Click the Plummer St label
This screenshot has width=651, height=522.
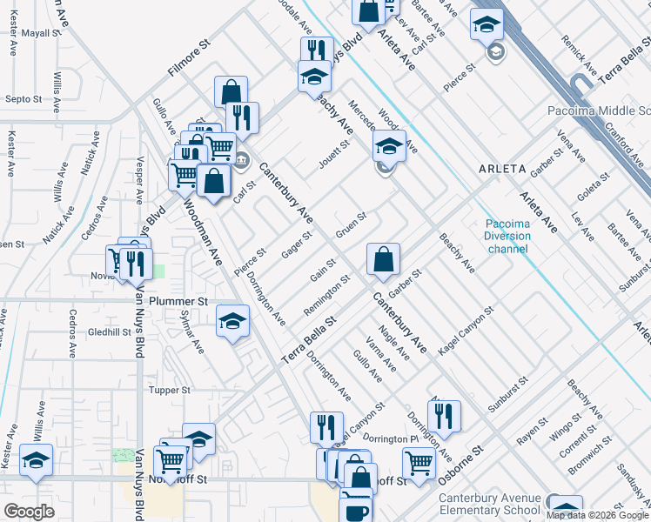pos(178,301)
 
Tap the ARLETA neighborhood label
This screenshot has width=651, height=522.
pos(503,169)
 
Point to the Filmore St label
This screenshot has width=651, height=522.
pos(191,57)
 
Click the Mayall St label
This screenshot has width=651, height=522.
pos(40,32)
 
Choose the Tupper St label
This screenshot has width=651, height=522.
pos(170,391)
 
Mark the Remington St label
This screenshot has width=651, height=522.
pos(326,297)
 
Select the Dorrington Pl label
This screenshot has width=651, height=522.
pos(391,438)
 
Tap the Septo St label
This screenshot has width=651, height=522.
pos(23,99)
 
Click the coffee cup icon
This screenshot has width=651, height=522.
pos(355,507)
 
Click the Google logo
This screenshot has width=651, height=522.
pos(30,512)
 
